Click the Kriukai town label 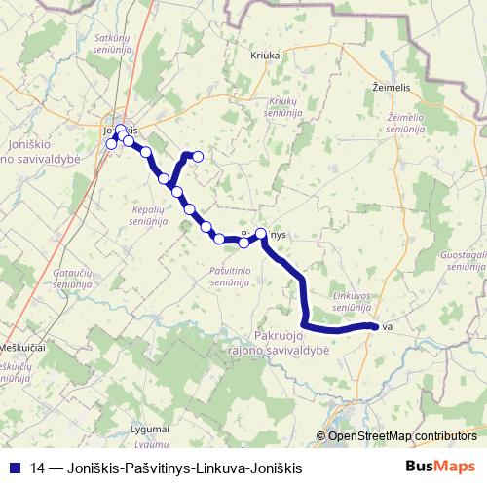pyautogui.click(x=266, y=56)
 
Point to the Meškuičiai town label pyautogui.click(x=21, y=347)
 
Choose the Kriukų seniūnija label pyautogui.click(x=281, y=106)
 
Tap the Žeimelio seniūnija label pyautogui.click(x=405, y=123)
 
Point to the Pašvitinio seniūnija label pyautogui.click(x=231, y=275)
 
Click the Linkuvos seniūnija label pyautogui.click(x=352, y=300)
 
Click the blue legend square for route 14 pyautogui.click(x=15, y=468)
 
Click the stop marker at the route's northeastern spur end pyautogui.click(x=198, y=156)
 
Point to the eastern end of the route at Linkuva pyautogui.click(x=375, y=326)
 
